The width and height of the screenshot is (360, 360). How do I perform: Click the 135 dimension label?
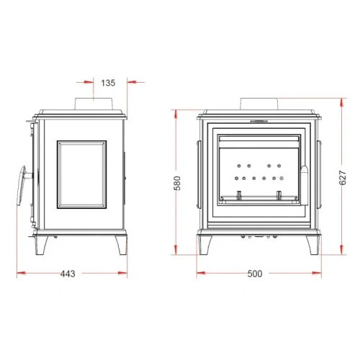pyautogui.click(x=108, y=83)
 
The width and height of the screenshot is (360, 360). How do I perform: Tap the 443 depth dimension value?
pyautogui.click(x=68, y=274)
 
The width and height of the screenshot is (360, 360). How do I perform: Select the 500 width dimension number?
pyautogui.click(x=255, y=274)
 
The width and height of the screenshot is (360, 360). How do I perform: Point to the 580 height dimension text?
pyautogui.click(x=177, y=183)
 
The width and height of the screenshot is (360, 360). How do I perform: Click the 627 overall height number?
pyautogui.click(x=343, y=178)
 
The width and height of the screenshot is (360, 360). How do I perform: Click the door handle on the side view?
pyautogui.click(x=23, y=185)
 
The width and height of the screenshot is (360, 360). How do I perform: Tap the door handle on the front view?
pyautogui.click(x=305, y=185)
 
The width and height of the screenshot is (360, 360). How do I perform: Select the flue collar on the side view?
pyautogui.click(x=94, y=104)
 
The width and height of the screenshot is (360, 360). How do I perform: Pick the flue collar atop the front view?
pyautogui.click(x=259, y=104)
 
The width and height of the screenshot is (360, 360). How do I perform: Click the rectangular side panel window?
pyautogui.click(x=82, y=174)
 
